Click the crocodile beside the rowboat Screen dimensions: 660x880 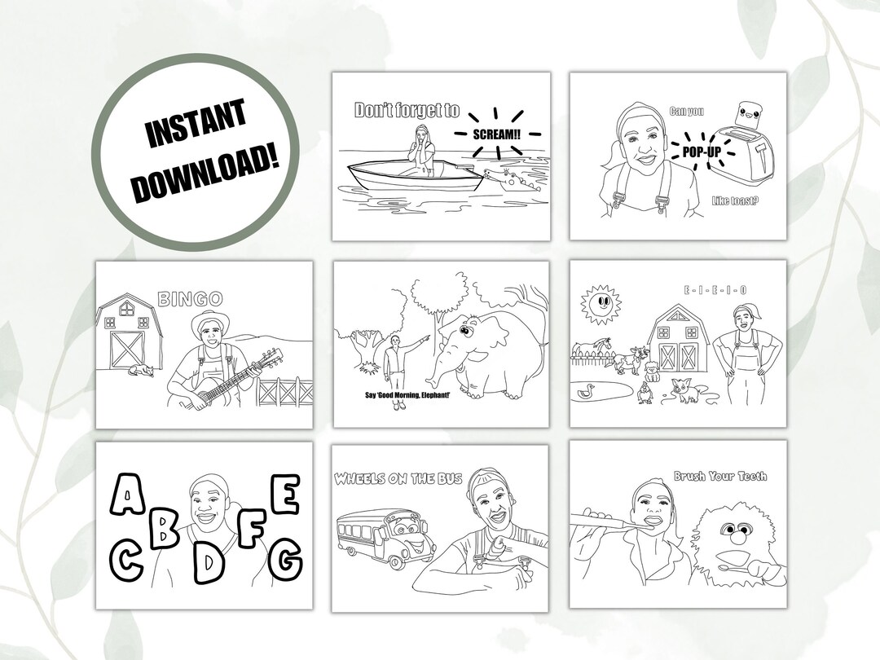coord(502,178)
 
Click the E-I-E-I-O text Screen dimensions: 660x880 coord(715,289)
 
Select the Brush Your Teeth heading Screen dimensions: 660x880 coord(719,477)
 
